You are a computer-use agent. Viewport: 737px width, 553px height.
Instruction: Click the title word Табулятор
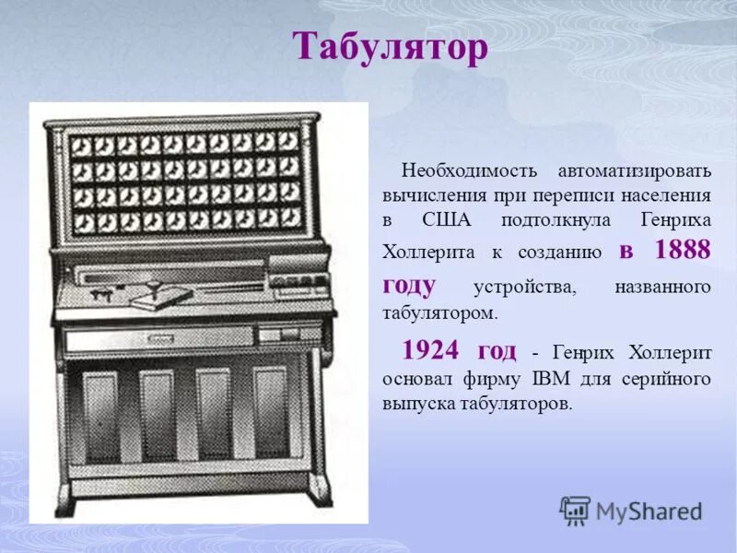click(390, 48)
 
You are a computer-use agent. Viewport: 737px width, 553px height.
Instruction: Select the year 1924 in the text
click(435, 351)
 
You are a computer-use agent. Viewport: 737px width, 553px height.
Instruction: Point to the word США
click(446, 221)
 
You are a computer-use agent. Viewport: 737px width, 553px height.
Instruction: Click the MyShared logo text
click(649, 511)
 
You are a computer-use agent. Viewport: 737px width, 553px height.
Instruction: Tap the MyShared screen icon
click(575, 510)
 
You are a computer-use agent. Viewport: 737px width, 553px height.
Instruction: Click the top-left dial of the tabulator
click(80, 146)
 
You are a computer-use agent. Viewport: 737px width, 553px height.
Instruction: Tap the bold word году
click(408, 285)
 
